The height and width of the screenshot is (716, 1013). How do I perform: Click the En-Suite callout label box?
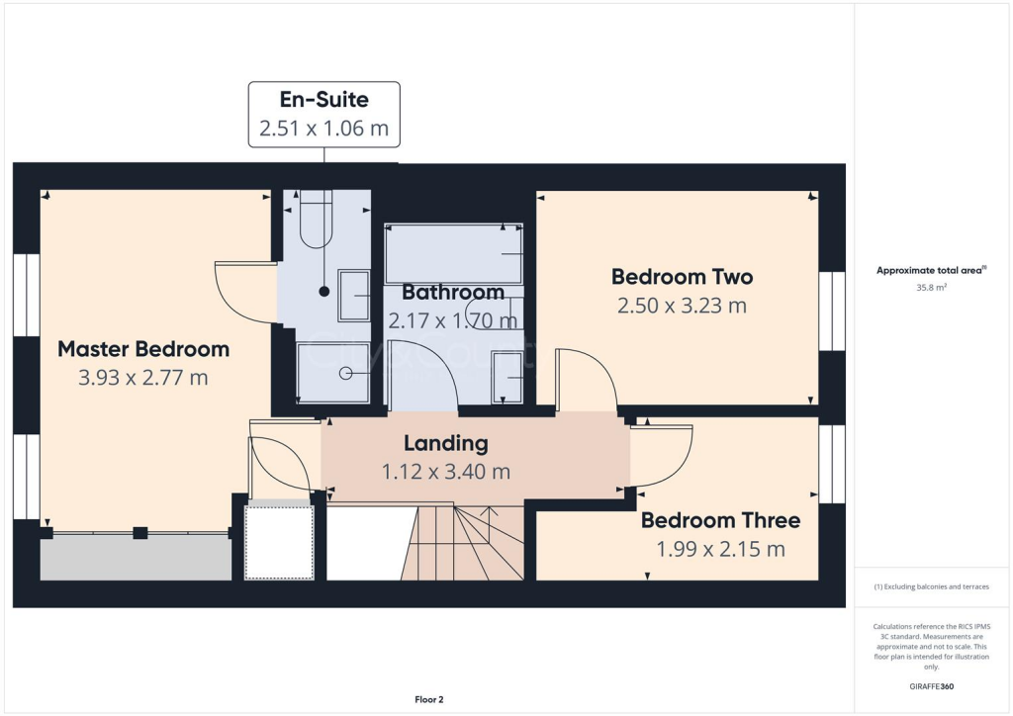click(323, 115)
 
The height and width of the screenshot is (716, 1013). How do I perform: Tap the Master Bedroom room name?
click(143, 349)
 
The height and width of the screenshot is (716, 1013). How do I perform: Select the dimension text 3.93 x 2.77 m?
click(143, 378)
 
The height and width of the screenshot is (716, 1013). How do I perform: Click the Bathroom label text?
click(453, 293)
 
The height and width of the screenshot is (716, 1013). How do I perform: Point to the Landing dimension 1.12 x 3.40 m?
click(446, 472)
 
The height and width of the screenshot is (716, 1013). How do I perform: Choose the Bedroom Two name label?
click(682, 277)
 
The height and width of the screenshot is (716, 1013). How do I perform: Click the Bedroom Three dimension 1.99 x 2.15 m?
click(720, 549)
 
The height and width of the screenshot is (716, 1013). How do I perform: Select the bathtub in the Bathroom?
click(454, 254)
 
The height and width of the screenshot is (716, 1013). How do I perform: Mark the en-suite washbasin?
click(353, 296)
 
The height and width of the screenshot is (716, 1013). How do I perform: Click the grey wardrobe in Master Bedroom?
click(136, 559)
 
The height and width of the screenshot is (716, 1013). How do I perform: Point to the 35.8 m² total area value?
click(931, 288)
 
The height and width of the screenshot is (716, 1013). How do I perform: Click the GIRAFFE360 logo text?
click(932, 685)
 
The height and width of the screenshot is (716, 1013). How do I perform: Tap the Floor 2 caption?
click(428, 700)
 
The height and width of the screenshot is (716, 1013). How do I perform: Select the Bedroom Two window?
click(832, 311)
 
